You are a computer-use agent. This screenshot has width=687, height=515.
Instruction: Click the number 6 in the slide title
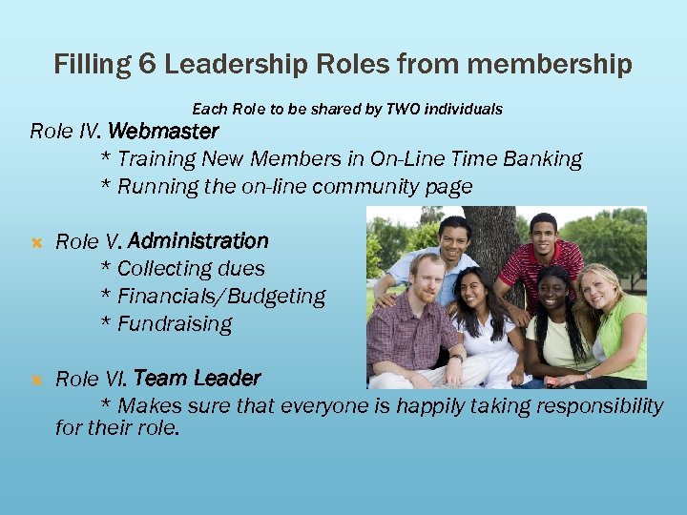148,65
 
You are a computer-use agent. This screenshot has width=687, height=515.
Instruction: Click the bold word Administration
198,240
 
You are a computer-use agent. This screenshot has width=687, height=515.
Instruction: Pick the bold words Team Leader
197,379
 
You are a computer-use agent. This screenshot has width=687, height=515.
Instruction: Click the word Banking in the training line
543,158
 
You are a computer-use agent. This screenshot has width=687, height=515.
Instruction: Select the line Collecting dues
183,269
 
